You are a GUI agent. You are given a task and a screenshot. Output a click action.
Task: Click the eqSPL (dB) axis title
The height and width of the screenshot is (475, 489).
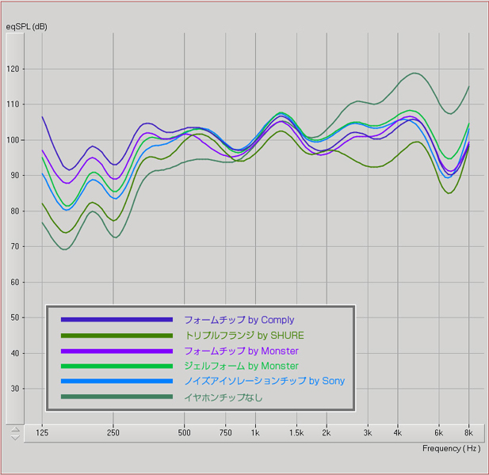point(26,27)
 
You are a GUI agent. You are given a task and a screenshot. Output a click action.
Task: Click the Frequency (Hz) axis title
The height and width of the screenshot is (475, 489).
point(451,448)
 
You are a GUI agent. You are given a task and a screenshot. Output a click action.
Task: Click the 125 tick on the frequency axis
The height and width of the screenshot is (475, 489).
point(42,434)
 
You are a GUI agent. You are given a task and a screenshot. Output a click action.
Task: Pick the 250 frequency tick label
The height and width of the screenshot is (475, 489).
point(113,434)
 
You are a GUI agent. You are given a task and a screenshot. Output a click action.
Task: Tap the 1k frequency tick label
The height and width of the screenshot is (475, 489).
point(255,434)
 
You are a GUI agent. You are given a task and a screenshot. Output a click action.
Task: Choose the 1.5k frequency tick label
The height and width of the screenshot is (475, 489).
point(296,434)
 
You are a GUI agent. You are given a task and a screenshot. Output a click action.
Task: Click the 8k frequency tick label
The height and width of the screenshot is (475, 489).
point(468,434)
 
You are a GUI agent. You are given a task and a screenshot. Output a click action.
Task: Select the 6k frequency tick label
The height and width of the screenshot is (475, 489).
point(438,434)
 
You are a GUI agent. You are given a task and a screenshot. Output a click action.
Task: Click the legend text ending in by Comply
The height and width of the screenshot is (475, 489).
point(239,320)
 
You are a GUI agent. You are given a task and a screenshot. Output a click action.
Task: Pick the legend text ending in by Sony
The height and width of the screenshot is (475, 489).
point(264,382)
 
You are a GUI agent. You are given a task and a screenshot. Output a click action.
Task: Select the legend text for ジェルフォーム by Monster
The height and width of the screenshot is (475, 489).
point(241,366)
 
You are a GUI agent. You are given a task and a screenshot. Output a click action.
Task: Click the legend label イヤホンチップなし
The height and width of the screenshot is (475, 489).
point(223,397)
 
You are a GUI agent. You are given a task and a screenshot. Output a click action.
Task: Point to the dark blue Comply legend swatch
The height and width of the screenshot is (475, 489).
point(117,320)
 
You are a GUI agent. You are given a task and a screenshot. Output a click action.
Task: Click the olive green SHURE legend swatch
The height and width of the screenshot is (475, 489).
point(117,336)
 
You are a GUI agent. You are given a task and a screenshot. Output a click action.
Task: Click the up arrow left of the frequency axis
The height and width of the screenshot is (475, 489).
point(14,430)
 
